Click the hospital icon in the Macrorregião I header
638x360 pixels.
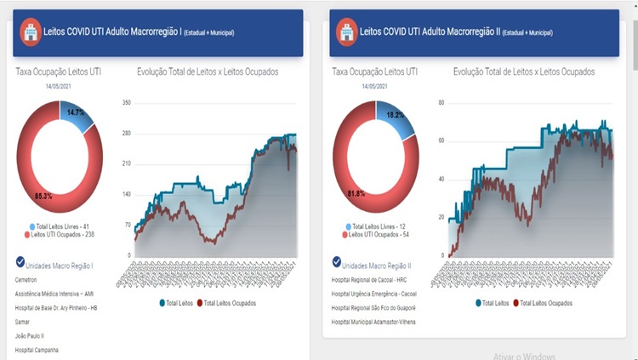pos(31,32)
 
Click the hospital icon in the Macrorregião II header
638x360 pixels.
pos(347,32)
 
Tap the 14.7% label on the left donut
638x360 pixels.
pos(76,113)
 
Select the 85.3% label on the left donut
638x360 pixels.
pos(43,197)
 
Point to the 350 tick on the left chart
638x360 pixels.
pos(126,103)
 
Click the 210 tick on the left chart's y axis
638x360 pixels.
pos(126,164)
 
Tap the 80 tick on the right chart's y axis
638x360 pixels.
pos(441,103)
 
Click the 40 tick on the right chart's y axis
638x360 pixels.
pos(441,180)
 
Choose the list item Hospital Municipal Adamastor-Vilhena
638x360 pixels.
pos(379,323)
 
